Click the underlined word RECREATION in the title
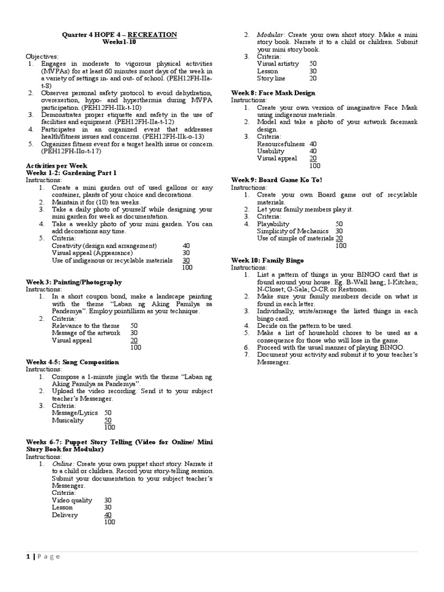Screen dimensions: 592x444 click(152, 35)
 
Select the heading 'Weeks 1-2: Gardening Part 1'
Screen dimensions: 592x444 click(71, 173)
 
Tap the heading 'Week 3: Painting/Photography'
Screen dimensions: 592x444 click(74, 282)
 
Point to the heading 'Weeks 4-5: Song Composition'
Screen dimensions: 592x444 click(72, 362)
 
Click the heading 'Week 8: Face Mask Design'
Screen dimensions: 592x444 click(273, 92)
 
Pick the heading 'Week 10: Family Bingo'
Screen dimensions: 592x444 click(267, 261)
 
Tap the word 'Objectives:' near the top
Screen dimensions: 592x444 click(42, 57)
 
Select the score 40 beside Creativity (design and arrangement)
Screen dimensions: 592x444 click(186, 246)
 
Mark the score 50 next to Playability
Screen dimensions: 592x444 click(339, 224)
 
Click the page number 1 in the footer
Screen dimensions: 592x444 click(28, 556)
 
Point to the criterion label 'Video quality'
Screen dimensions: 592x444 click(72, 500)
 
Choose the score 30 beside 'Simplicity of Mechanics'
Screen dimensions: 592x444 click(339, 231)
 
